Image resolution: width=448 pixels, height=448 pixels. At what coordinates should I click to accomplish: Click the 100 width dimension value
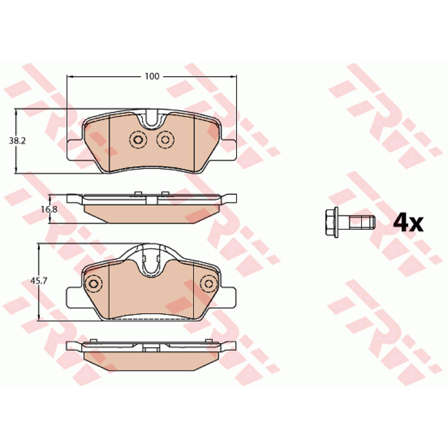[152, 77]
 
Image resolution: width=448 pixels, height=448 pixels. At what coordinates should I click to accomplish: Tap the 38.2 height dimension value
[17, 141]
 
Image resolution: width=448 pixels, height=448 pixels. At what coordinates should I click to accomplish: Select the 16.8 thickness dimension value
[49, 209]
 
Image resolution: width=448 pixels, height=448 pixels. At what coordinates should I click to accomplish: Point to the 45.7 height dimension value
[39, 281]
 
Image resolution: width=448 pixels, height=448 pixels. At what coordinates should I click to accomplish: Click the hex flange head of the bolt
[332, 222]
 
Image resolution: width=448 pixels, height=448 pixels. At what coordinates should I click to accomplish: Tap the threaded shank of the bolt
[362, 222]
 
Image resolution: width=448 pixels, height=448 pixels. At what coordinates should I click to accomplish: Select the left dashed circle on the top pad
[138, 139]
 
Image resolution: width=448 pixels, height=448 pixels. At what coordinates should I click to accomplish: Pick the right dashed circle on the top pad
[165, 139]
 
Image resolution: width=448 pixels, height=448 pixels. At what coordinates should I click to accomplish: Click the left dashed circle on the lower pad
[94, 284]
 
